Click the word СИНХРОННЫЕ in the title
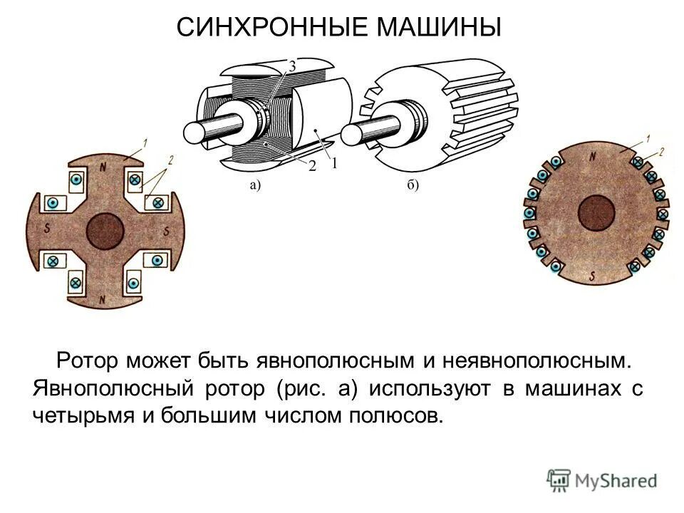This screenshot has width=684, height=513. pyautogui.click(x=271, y=28)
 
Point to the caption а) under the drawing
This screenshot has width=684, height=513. pyautogui.click(x=254, y=186)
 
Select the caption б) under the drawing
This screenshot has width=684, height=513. pyautogui.click(x=413, y=186)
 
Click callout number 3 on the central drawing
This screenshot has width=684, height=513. pyautogui.click(x=292, y=66)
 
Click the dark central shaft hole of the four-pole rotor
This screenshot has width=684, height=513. pyautogui.click(x=105, y=232)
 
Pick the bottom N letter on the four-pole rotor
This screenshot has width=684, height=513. pyautogui.click(x=103, y=299)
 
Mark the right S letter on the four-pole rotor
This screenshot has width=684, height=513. pyautogui.click(x=166, y=232)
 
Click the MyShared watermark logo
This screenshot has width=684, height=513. pyautogui.click(x=603, y=480)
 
